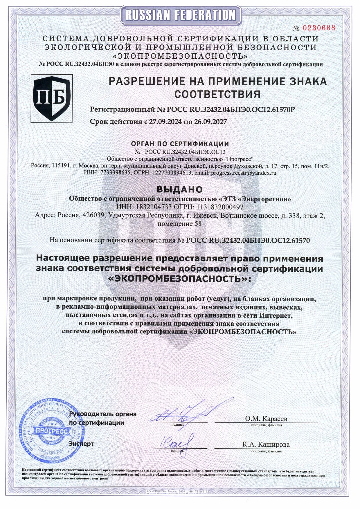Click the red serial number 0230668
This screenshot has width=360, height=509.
319,28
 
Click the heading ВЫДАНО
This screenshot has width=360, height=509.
180,189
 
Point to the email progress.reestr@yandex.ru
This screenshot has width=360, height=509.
244,173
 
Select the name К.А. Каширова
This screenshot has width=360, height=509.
266,444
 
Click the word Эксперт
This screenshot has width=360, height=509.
81,444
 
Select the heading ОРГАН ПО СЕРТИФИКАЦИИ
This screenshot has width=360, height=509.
180,144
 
